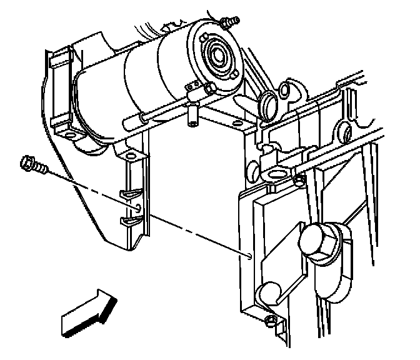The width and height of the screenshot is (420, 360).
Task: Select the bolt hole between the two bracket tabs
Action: tap(137, 204)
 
